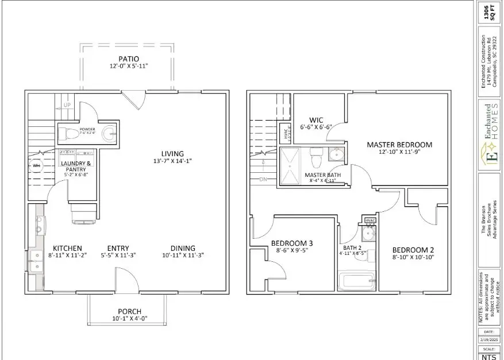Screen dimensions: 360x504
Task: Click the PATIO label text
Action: click(x=128, y=59)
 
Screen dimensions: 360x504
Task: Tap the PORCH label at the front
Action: click(x=129, y=311)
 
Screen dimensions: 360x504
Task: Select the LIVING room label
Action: click(x=172, y=153)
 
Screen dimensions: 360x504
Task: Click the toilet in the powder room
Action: click(x=70, y=133)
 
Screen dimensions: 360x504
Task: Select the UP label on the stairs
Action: click(x=66, y=106)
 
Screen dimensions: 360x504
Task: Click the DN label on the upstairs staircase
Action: click(x=263, y=179)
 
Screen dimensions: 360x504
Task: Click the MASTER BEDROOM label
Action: click(x=399, y=145)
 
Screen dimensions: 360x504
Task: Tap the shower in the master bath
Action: click(x=291, y=165)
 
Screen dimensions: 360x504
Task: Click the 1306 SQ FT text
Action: click(x=487, y=12)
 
